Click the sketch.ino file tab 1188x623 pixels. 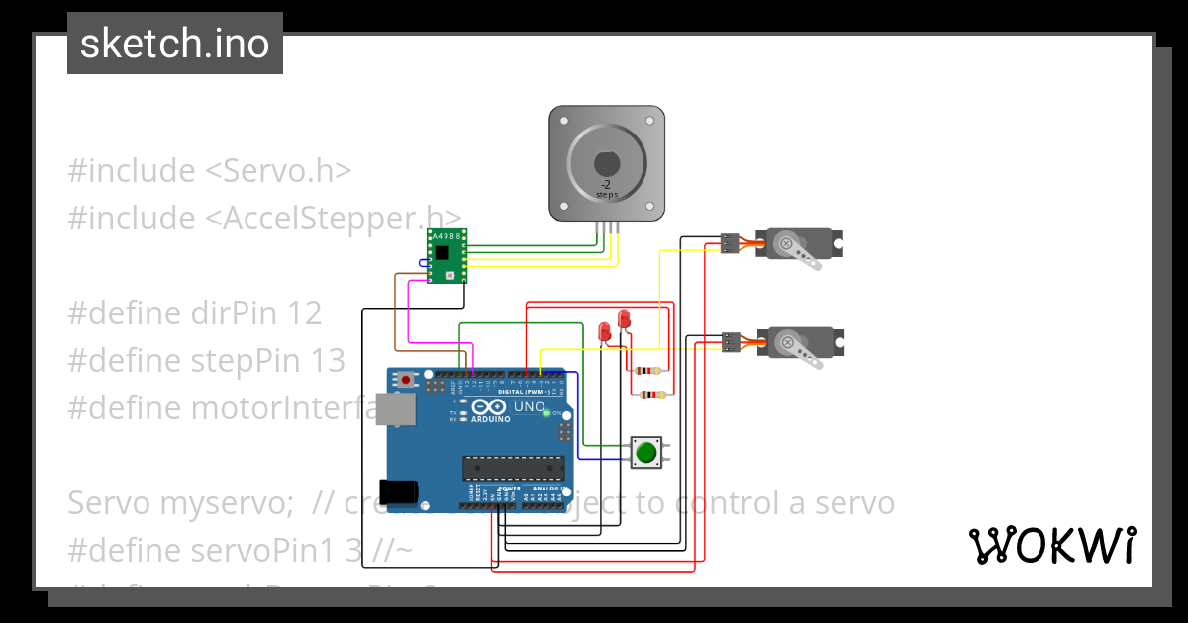click(174, 44)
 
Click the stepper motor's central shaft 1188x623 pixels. click(606, 164)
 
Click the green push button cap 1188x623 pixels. click(645, 453)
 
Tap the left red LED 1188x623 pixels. click(604, 331)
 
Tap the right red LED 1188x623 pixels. click(624, 318)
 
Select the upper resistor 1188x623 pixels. click(649, 372)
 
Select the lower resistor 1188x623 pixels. click(649, 395)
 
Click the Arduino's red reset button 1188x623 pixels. click(406, 379)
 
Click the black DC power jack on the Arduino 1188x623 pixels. click(399, 491)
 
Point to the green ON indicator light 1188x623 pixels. click(545, 412)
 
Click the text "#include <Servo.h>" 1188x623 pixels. click(209, 171)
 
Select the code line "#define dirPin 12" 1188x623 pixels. click(194, 313)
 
